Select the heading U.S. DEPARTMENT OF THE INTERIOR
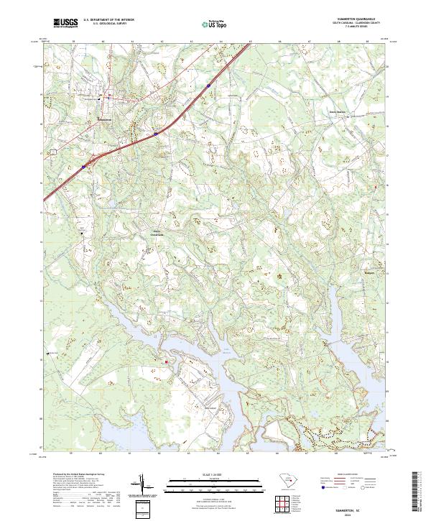(108, 21)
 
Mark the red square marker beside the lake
(167, 361)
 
